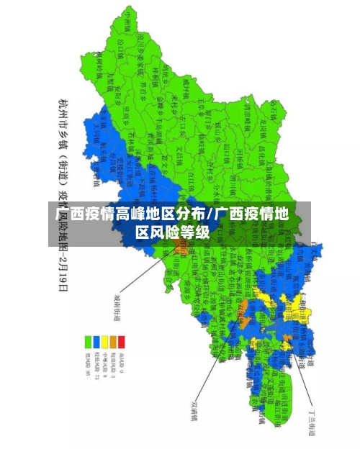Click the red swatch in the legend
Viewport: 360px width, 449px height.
click(x=122, y=340)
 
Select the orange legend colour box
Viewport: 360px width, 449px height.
click(x=113, y=340)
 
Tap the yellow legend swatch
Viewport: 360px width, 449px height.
click(x=104, y=340)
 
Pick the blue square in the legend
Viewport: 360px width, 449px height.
click(x=96, y=340)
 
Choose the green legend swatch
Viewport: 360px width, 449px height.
click(x=87, y=340)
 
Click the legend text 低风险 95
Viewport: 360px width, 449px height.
click(x=87, y=363)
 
